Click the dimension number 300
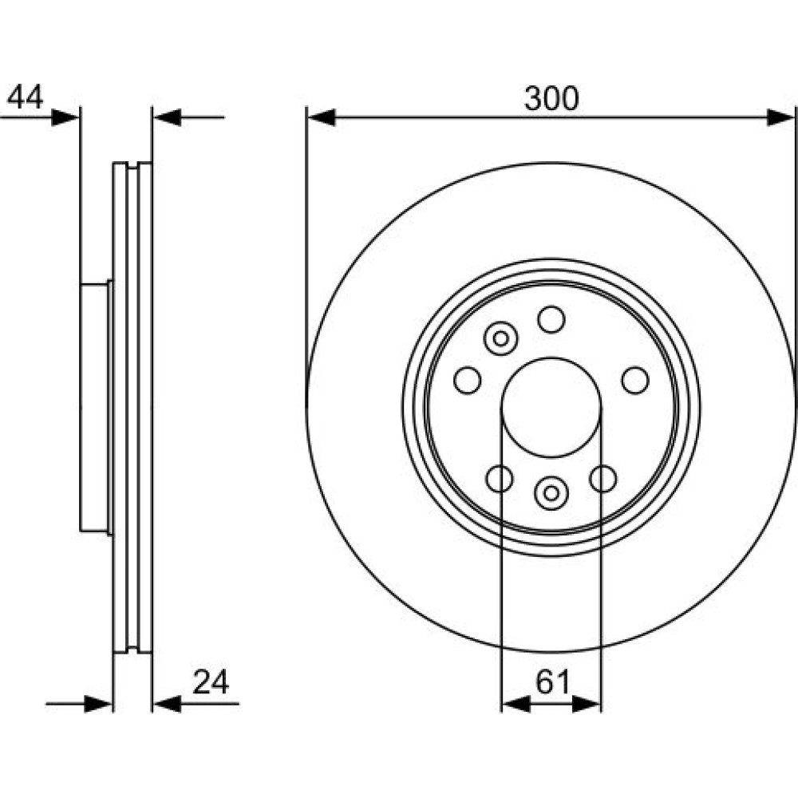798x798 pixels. [551, 99]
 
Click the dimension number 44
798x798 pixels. [26, 97]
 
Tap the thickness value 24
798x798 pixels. [211, 682]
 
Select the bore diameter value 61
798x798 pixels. [553, 682]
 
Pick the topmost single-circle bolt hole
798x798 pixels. [551, 320]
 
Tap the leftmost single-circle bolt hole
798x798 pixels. [467, 380]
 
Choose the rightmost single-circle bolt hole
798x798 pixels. [635, 380]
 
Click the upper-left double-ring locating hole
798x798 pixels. [501, 338]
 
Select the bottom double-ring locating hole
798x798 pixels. [551, 493]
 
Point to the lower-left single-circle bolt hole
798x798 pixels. [500, 478]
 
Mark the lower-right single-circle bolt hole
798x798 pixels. [603, 478]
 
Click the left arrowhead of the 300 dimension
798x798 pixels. [322, 117]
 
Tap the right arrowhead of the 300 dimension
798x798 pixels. [780, 117]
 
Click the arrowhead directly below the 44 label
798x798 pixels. [65, 117]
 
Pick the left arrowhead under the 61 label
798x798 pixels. [516, 704]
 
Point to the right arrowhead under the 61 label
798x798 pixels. [587, 704]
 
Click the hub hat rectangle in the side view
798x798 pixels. [94, 407]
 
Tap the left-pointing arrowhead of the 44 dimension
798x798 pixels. [168, 117]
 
